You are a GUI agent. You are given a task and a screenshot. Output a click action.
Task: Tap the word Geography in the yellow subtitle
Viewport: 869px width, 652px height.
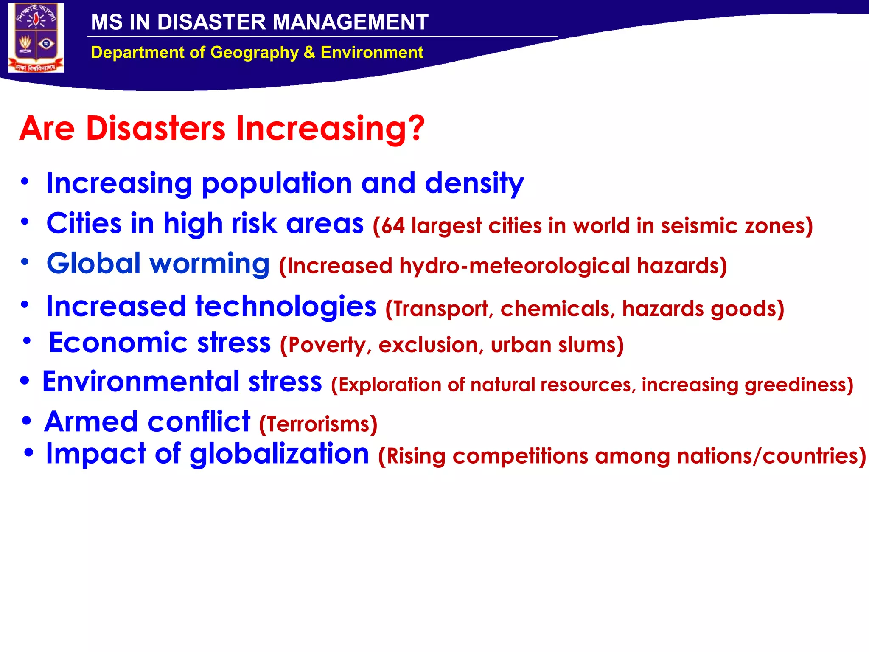tap(254, 53)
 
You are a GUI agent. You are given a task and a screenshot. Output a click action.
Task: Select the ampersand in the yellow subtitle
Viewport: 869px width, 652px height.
tap(309, 53)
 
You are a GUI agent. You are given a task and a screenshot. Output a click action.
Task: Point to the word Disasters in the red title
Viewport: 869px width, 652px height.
tap(155, 128)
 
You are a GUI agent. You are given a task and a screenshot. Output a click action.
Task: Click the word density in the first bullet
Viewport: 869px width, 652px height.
tap(474, 183)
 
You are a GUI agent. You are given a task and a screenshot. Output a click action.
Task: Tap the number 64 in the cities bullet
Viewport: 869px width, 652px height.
tap(392, 226)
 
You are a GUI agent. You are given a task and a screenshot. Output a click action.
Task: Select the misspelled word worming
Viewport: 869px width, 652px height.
tap(209, 264)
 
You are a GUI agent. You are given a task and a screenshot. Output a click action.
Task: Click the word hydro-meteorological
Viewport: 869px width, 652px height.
tap(514, 266)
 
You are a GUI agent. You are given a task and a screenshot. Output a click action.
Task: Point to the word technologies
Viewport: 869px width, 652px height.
tap(285, 306)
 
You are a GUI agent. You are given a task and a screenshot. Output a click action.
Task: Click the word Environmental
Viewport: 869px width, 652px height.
tap(140, 381)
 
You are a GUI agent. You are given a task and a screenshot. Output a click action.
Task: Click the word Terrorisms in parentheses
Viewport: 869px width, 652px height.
tap(318, 424)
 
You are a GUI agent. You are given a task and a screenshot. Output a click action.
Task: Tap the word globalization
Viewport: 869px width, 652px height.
tap(279, 454)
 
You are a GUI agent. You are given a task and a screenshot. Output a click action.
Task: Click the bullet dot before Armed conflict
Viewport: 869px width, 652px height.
tap(27, 422)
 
